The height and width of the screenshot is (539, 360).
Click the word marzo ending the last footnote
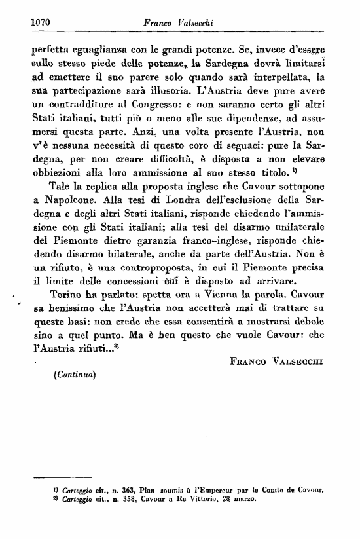pyautogui.click(x=242, y=498)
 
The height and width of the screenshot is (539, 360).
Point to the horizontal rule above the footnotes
pyautogui.click(x=66, y=476)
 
